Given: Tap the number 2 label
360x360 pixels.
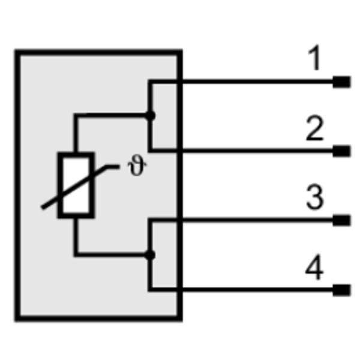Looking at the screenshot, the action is [x=315, y=128].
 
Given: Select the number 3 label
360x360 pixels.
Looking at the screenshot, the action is [x=315, y=197].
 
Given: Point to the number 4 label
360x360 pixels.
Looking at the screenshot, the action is [x=314, y=267].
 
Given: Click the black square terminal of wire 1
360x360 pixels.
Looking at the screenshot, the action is [x=341, y=82].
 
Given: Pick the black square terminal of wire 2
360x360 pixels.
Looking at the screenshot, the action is [x=341, y=151].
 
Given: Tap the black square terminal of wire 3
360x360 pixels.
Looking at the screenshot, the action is [x=341, y=220].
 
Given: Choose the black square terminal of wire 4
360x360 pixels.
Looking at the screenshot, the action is [x=341, y=290].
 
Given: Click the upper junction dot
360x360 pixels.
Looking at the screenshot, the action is [x=150, y=115].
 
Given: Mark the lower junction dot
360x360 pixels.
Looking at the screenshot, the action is [x=150, y=255].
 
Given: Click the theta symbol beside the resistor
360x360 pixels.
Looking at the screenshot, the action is [x=137, y=165].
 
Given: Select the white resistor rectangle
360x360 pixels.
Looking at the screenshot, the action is [x=76, y=185].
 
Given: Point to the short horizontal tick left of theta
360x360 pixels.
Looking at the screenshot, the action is [x=113, y=167].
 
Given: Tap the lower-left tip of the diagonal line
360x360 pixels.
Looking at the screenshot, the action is [x=43, y=208].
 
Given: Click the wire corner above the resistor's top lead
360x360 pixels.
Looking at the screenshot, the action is [x=76, y=115].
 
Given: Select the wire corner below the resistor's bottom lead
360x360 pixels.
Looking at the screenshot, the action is [x=76, y=254].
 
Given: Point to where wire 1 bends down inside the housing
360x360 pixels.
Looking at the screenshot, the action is [x=150, y=82].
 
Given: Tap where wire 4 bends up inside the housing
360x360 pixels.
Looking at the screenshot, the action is [x=150, y=290].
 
